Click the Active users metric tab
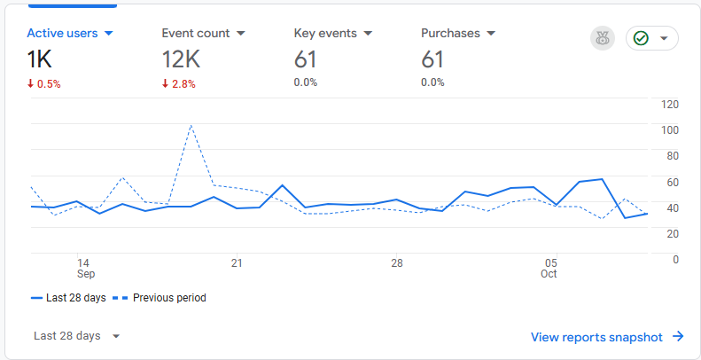click(x=70, y=34)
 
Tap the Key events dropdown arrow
click(x=369, y=34)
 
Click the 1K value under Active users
click(x=41, y=59)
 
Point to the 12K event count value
click(x=180, y=59)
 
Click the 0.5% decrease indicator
click(x=44, y=83)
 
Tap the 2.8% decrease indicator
click(x=179, y=83)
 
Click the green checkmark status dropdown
click(x=652, y=38)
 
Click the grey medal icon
click(x=603, y=38)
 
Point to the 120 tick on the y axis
click(x=670, y=105)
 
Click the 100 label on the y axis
click(x=670, y=130)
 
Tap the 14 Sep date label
click(x=83, y=269)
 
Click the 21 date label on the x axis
click(x=237, y=263)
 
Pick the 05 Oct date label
click(x=549, y=269)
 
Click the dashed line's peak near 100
click(x=191, y=126)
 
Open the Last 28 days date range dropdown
click(x=76, y=336)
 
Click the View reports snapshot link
click(x=607, y=337)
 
